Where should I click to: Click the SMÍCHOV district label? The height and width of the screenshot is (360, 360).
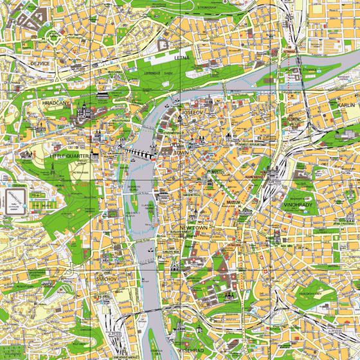point(103,280)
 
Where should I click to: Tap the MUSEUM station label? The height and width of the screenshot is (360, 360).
point(233,202)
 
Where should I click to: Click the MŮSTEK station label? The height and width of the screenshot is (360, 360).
point(213,172)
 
